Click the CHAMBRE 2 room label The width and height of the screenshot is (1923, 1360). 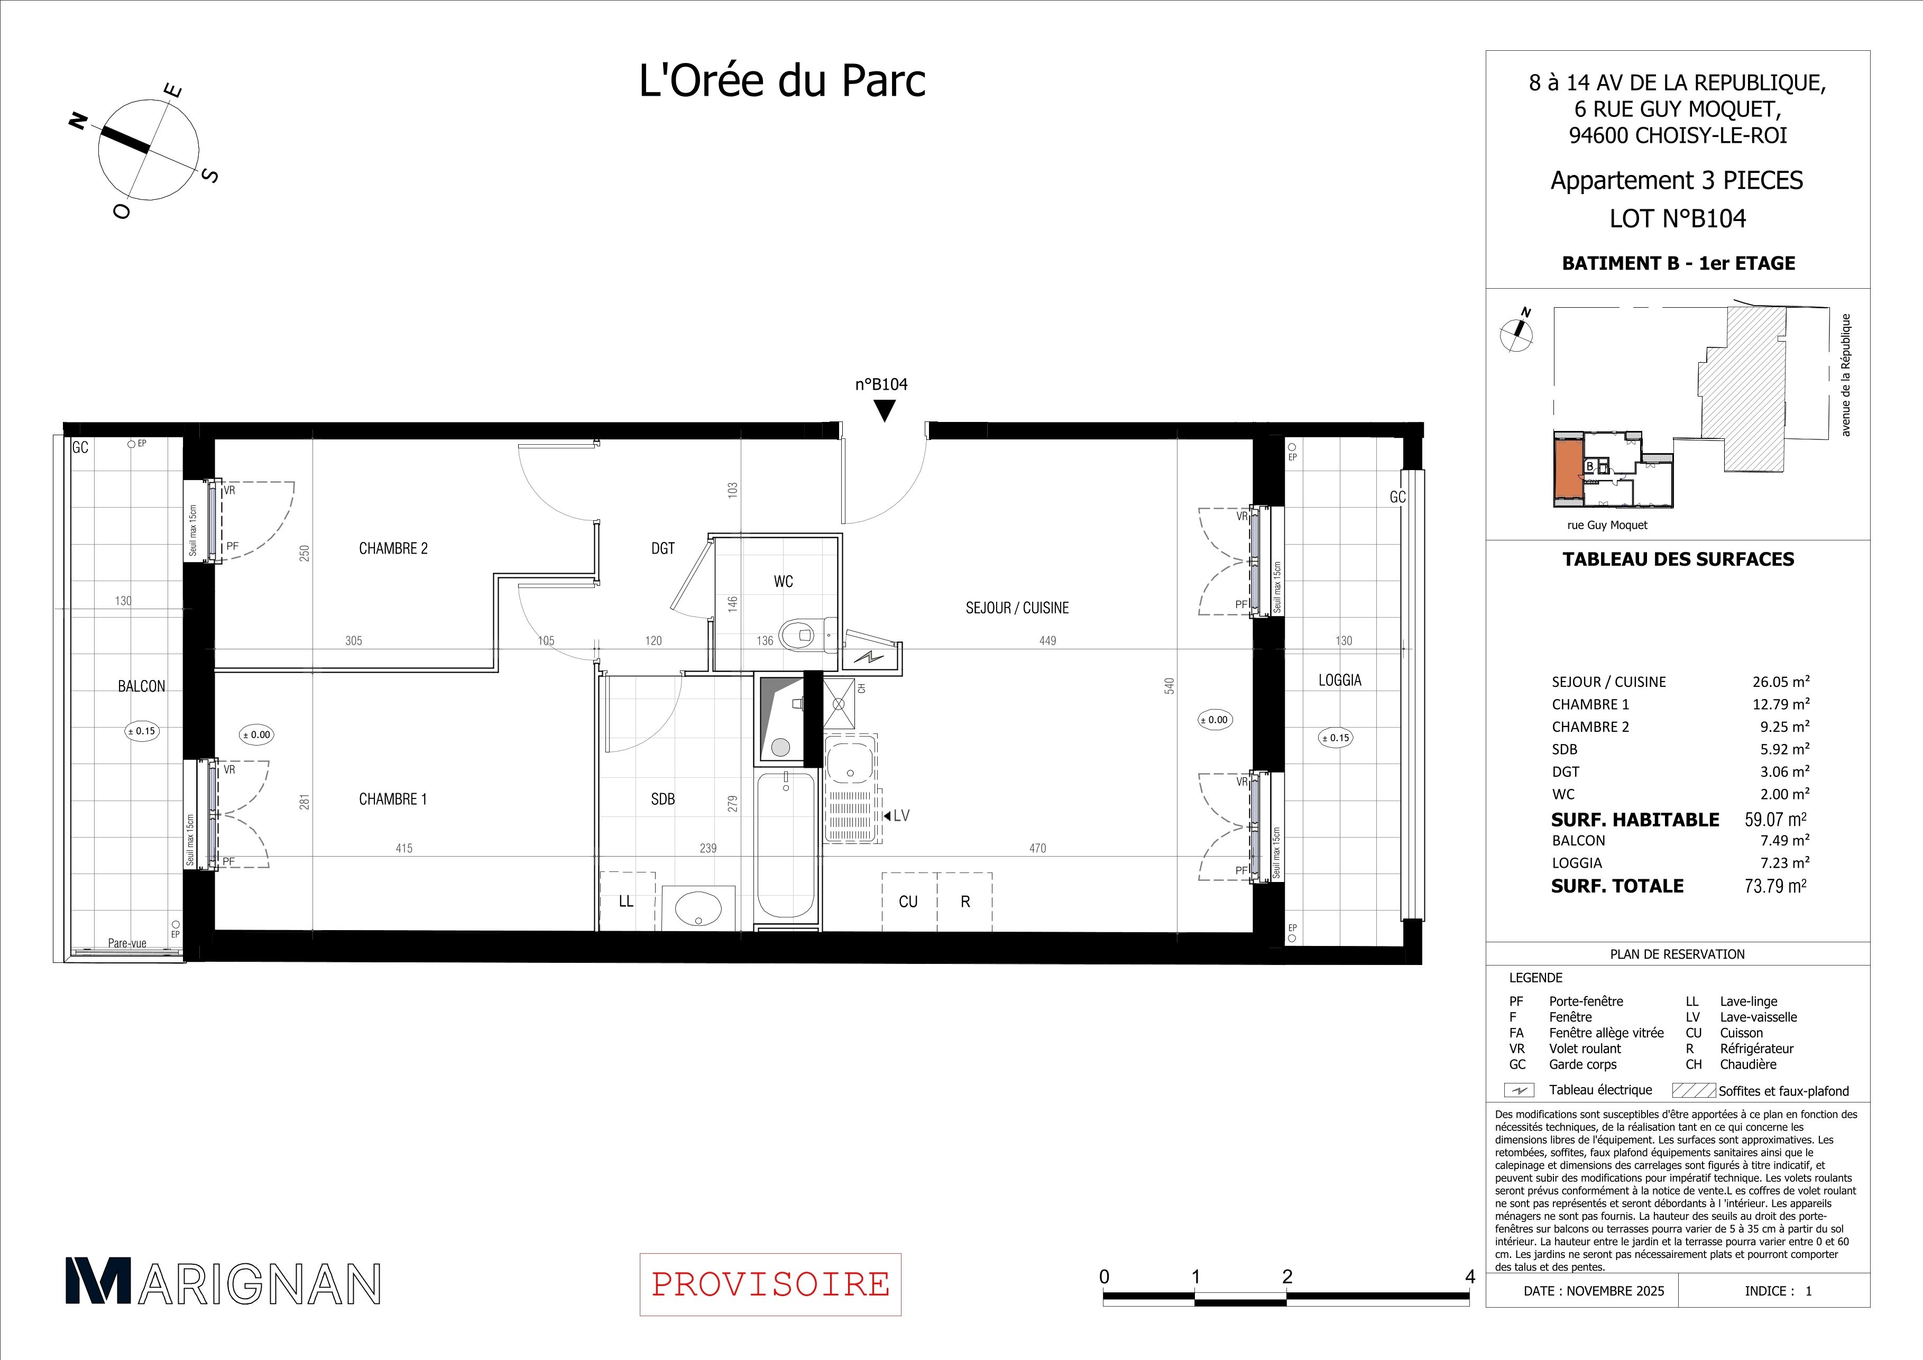click(x=393, y=548)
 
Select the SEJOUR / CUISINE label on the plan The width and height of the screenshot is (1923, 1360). click(x=1017, y=608)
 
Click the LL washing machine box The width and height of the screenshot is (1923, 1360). click(x=627, y=901)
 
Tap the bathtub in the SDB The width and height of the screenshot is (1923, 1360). click(x=786, y=847)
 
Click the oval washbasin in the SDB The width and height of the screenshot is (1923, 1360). click(x=698, y=907)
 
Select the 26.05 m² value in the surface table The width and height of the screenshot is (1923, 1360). click(x=1781, y=682)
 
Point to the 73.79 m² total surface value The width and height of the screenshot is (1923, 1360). click(x=1775, y=886)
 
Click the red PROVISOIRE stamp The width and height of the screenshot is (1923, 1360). click(x=770, y=1284)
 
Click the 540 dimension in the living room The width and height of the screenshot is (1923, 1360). click(x=1170, y=686)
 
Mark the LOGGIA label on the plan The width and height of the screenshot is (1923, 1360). click(x=1340, y=680)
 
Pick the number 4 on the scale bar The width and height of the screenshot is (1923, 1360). click(x=1470, y=1277)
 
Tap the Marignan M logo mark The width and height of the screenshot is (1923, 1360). click(x=98, y=1281)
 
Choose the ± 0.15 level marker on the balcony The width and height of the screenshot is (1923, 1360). click(x=142, y=731)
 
